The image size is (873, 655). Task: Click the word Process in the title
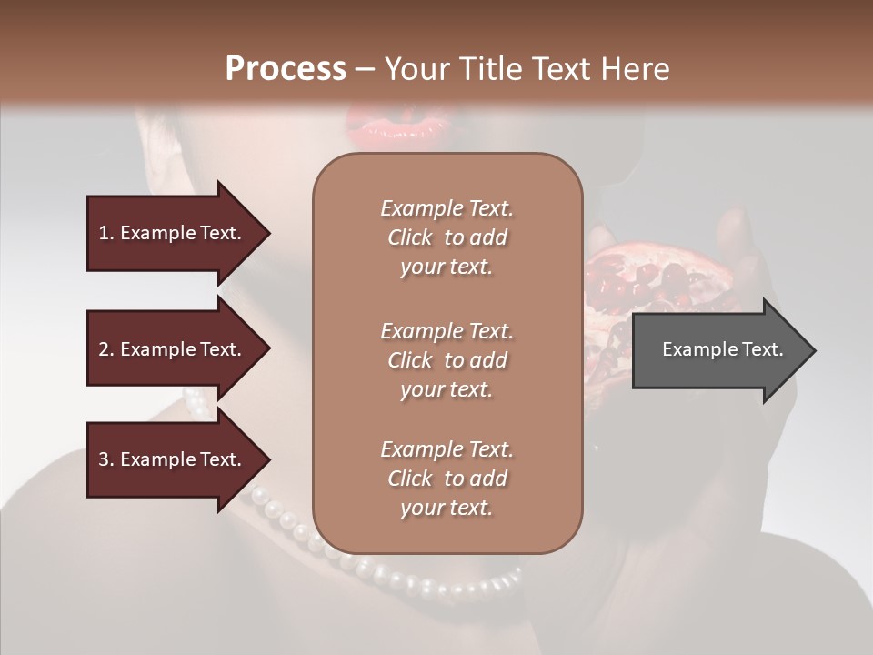(286, 69)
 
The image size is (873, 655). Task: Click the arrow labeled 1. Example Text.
(173, 233)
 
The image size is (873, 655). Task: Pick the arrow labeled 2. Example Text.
(173, 349)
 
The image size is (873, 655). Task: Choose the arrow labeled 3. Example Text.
(173, 459)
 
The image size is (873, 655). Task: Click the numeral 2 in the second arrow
(104, 349)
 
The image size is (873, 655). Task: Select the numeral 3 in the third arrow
(104, 459)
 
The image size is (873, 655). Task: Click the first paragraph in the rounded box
(447, 237)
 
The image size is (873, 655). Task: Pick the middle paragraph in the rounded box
(447, 360)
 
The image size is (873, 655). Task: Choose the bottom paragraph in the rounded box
(447, 479)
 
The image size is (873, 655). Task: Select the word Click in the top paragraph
(410, 237)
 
